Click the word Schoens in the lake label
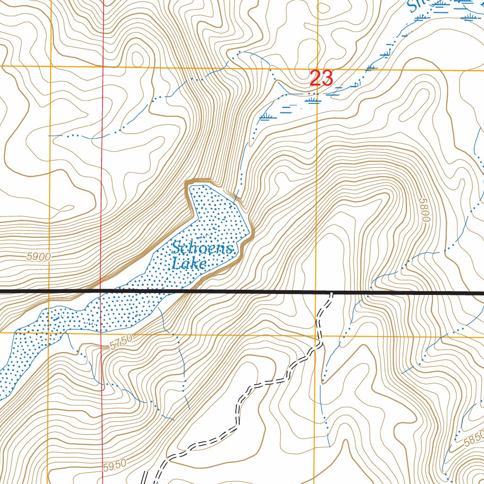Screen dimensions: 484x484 tap(202, 248)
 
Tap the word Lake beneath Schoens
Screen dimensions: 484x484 tap(189, 264)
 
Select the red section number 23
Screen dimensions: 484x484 tap(321, 78)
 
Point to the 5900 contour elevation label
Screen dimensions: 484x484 tap(38, 257)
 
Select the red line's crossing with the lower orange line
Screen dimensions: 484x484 tap(102, 333)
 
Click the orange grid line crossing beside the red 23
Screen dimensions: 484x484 tap(317, 69)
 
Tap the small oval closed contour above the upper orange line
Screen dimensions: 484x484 tap(138, 57)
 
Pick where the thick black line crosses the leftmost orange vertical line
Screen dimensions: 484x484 tap(50, 291)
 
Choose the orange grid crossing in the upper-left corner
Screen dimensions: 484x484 tap(51, 67)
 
